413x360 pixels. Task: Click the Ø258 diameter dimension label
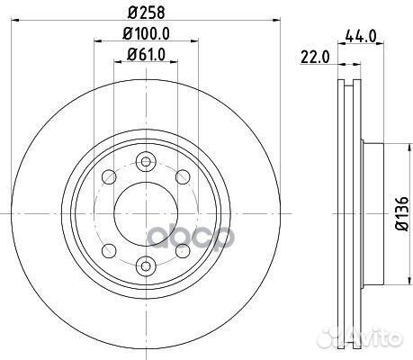[147, 13]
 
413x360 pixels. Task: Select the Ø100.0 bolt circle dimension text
[147, 33]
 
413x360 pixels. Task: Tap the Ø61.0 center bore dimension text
[146, 55]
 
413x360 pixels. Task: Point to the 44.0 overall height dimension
[361, 36]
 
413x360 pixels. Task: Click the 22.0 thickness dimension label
[315, 57]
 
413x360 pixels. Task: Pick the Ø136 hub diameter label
[401, 213]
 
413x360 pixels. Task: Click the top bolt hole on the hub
[146, 162]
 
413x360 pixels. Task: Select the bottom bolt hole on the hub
[146, 265]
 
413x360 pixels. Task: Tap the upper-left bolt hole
[109, 176]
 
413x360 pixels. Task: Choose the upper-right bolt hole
[183, 176]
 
